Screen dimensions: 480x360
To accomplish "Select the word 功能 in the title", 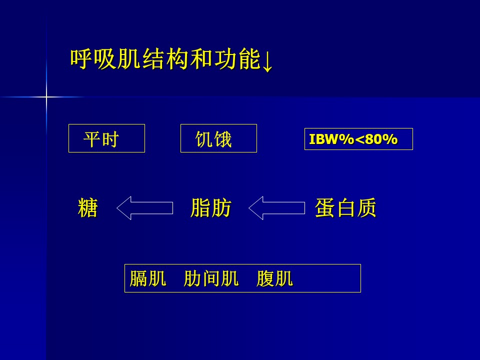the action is click(x=237, y=58).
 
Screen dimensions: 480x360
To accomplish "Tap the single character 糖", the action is click(x=88, y=208).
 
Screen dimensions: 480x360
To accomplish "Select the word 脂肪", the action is click(x=211, y=208).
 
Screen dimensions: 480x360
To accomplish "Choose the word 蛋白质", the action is click(x=345, y=208).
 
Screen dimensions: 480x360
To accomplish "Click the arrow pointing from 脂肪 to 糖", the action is click(x=145, y=208).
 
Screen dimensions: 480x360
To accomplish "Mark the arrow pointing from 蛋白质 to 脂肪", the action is click(x=276, y=208).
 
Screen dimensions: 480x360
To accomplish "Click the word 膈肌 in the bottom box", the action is click(x=148, y=278).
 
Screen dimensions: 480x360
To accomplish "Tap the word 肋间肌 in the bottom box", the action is click(x=211, y=278).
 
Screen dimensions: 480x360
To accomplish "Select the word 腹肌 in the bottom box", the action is click(x=274, y=278).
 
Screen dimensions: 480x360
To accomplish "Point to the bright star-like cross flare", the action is click(x=46, y=97).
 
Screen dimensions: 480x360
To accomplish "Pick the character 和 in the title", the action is click(x=201, y=58).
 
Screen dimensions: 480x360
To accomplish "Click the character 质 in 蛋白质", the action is click(x=366, y=208).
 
